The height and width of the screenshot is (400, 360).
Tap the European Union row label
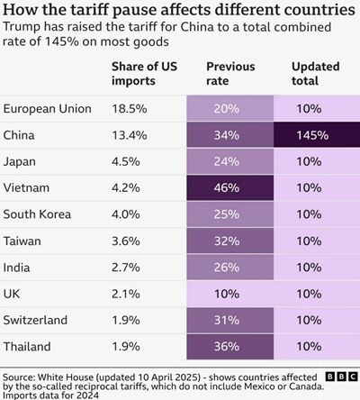tap(47, 109)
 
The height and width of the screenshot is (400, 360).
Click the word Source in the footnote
tap(22, 370)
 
